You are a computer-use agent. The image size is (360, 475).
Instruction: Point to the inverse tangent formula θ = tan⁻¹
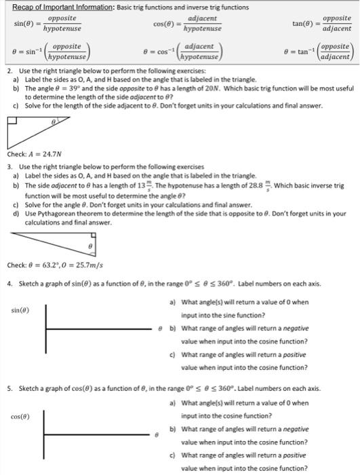click(x=319, y=52)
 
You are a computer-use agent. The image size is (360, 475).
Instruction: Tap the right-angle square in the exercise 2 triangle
click(x=13, y=122)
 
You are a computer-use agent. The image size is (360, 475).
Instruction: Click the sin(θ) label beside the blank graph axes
click(x=20, y=310)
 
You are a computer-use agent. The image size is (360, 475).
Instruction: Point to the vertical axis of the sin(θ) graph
click(x=46, y=328)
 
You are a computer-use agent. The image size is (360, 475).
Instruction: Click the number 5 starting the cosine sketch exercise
click(x=9, y=389)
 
